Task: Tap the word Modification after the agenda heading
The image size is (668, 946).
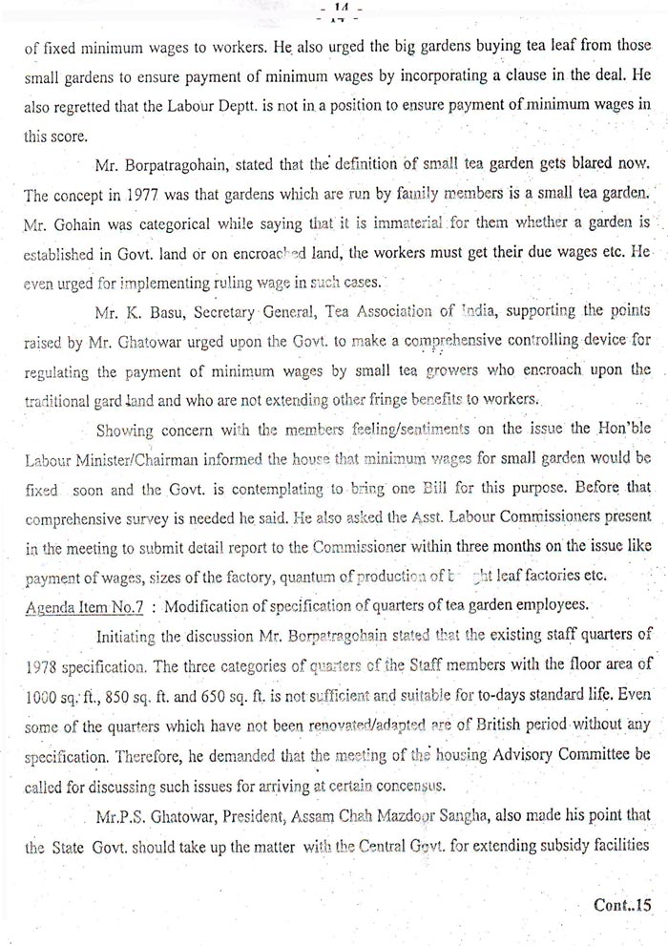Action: coord(213,583)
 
